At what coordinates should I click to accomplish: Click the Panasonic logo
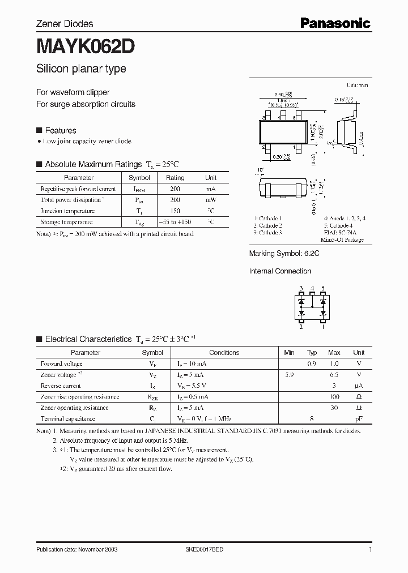[x=335, y=23]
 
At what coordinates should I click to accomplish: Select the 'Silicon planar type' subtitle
[x=81, y=69]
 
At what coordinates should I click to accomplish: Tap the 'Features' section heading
[x=60, y=130]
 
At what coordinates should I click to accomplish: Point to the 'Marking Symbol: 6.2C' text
[x=284, y=254]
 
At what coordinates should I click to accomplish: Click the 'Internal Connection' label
[x=280, y=271]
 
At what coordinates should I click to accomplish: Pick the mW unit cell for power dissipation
[x=210, y=200]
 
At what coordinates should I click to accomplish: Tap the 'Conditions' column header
[x=224, y=352]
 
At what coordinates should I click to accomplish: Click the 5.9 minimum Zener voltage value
[x=289, y=375]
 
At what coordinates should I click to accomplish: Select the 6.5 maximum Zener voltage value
[x=334, y=375]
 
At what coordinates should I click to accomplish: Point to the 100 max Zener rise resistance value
[x=334, y=397]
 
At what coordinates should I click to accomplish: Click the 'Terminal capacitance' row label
[x=68, y=419]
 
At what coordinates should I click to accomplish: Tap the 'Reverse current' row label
[x=61, y=386]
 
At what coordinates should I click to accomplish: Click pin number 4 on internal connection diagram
[x=312, y=289]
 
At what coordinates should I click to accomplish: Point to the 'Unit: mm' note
[x=357, y=85]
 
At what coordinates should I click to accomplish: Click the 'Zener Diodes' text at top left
[x=65, y=24]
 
